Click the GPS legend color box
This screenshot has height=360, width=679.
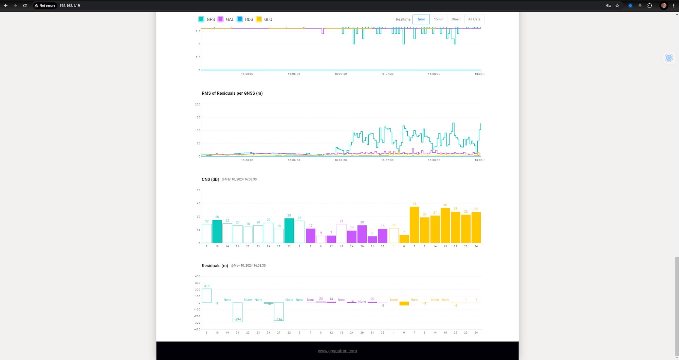point(201,19)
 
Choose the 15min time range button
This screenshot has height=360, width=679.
point(438,19)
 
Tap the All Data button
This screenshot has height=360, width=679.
point(474,19)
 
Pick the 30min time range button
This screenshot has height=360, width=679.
point(456,19)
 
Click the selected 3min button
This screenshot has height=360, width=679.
point(421,19)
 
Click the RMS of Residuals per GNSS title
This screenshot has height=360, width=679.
point(232,93)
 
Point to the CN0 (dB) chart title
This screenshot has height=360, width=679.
point(210,179)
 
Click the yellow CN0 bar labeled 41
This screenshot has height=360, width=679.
point(414,225)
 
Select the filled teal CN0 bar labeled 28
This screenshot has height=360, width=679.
point(289,231)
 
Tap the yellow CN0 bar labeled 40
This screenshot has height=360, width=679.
point(445,225)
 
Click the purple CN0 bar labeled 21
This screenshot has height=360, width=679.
point(341,233)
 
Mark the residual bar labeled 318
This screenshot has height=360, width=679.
point(206,296)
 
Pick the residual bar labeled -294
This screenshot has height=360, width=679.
point(237,312)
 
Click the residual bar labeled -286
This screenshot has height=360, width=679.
point(279,311)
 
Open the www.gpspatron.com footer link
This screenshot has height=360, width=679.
point(337,351)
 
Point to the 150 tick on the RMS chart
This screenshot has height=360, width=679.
point(198,117)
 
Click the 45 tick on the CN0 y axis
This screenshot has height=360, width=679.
point(198,204)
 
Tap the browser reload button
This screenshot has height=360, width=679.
point(25,5)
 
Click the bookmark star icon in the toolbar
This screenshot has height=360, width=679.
point(617,5)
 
